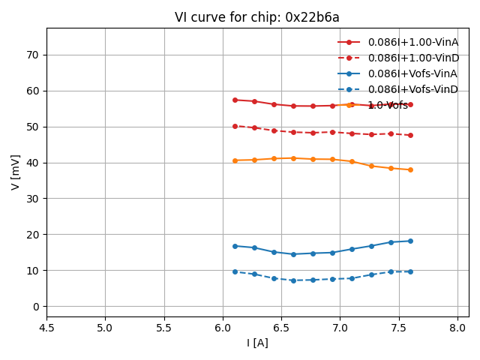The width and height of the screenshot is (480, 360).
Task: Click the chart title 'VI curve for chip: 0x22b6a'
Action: coord(257,17)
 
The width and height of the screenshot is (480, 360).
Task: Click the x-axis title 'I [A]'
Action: coord(257,343)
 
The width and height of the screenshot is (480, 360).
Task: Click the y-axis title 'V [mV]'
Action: coord(16,172)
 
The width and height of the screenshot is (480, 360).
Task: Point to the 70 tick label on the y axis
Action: coord(33,55)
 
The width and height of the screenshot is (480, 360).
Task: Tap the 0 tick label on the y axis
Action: coord(36,306)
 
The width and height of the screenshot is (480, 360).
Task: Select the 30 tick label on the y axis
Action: coord(33,199)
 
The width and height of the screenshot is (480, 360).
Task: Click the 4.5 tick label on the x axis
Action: coord(46,328)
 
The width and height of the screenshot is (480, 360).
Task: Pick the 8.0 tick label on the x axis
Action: coord(457,328)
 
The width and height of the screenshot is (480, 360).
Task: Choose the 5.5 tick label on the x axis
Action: coord(164,328)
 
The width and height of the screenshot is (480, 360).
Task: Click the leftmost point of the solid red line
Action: coord(235,100)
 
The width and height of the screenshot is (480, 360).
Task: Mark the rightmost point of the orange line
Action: coord(410,169)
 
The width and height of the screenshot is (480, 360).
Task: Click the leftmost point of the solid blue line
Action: coord(235,246)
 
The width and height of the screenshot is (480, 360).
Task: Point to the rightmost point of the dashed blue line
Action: coord(410,271)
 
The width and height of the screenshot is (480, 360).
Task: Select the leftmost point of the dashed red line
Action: coord(235,126)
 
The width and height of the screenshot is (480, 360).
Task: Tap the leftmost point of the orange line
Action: coord(235,160)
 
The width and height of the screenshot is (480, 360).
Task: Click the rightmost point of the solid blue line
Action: coord(410,241)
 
